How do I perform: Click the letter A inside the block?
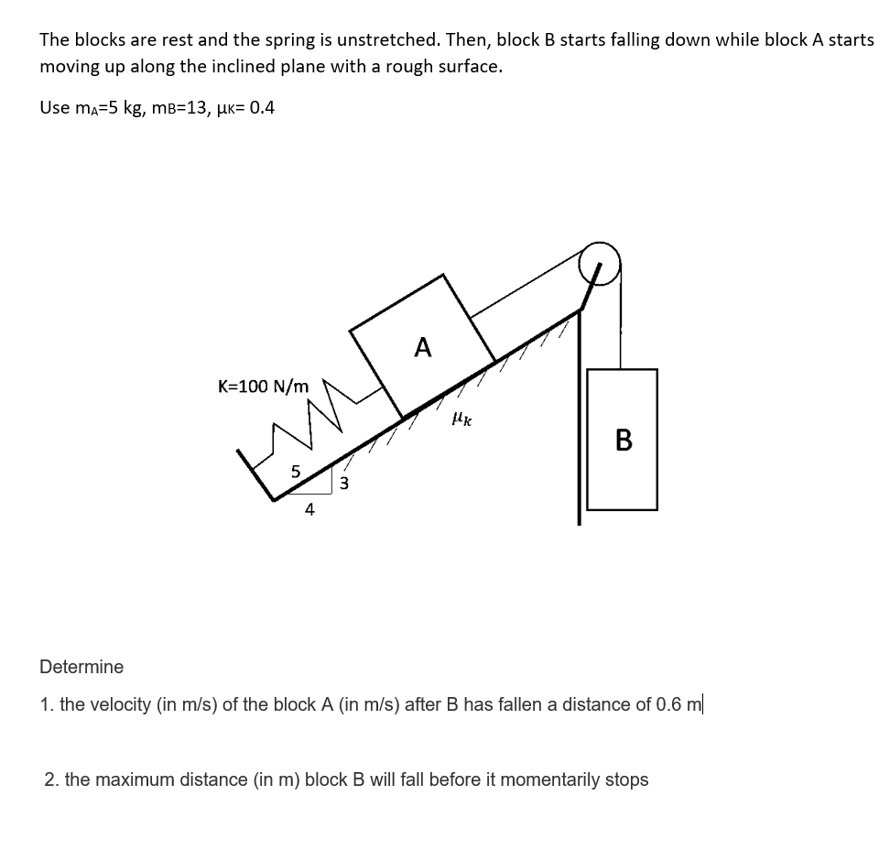(422, 347)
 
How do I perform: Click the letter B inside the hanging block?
(624, 441)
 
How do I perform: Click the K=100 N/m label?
(263, 386)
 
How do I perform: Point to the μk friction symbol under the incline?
(461, 419)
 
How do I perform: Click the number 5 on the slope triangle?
(295, 472)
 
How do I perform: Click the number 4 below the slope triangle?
(309, 510)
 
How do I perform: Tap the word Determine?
(81, 667)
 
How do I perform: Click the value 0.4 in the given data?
(261, 108)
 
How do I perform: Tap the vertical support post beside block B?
(578, 421)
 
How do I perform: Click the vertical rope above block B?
(622, 321)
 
